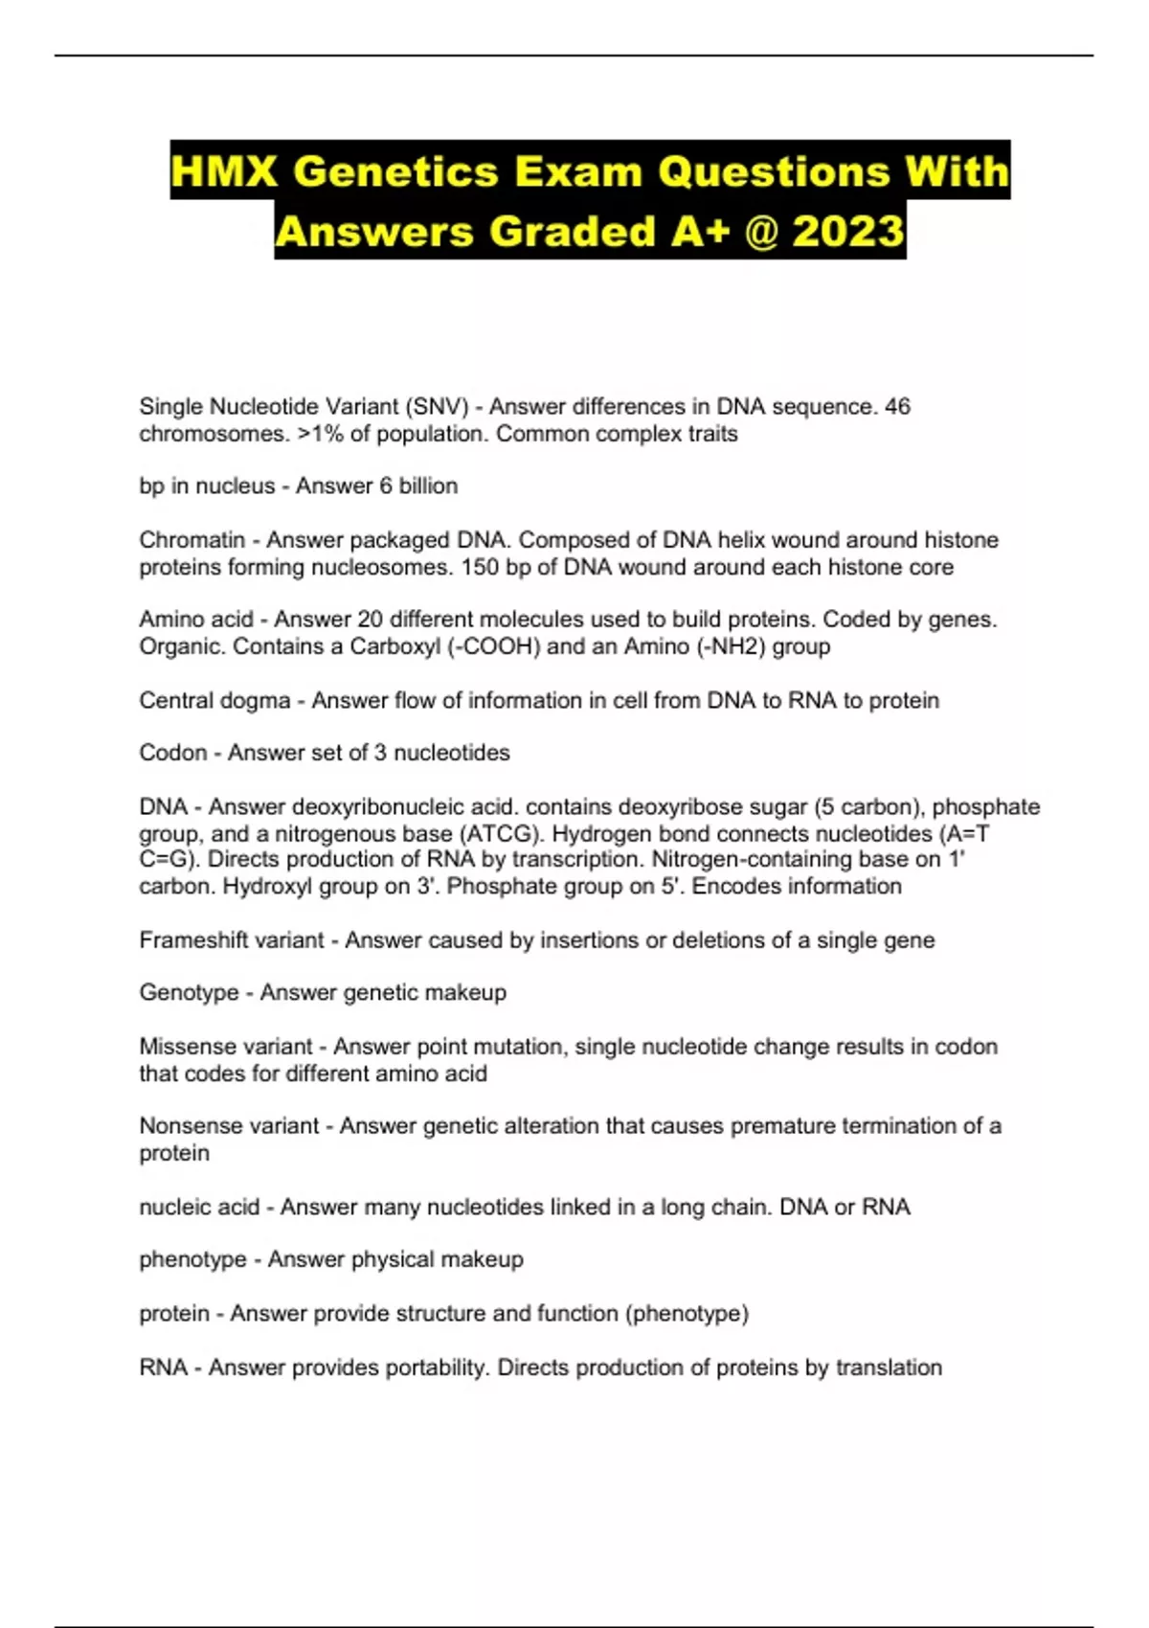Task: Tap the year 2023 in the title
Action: tap(848, 232)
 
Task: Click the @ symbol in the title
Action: tap(760, 232)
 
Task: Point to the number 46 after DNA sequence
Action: tap(897, 407)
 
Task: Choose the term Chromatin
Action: tap(191, 540)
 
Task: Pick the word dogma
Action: tap(253, 701)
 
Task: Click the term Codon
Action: tap(172, 753)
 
